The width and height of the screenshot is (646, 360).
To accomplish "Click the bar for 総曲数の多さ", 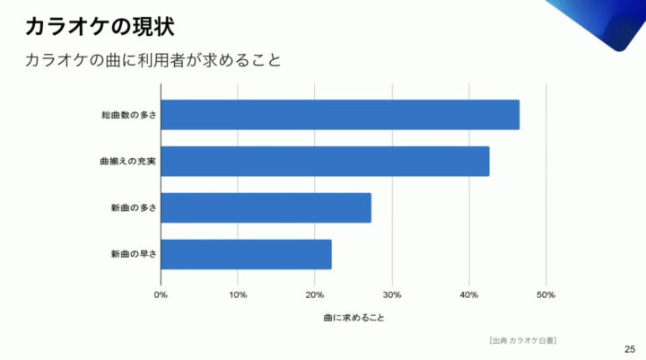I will coord(339,115).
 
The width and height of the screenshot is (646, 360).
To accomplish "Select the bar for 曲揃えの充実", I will coord(325,162).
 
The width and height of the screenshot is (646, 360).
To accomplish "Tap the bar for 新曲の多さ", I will coord(266,208).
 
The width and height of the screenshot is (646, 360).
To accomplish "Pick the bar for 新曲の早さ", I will coord(246,254).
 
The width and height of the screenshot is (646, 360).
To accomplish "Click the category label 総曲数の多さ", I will coord(129,115).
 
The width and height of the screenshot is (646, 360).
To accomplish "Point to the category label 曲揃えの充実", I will coord(129,162).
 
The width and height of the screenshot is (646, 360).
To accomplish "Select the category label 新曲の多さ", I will coord(134,208).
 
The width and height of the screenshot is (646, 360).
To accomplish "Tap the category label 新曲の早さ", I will coord(134,254).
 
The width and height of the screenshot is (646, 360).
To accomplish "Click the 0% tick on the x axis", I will coord(161,294).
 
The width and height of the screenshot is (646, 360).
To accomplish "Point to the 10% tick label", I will coord(238,294).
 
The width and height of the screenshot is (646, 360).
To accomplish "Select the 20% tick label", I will coord(315,294).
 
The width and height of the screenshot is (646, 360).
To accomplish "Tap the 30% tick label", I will coord(392,294).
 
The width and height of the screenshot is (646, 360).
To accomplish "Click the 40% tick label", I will coord(469,294).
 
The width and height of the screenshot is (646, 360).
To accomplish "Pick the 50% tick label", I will coord(546,294).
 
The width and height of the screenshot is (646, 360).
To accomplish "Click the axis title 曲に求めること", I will coord(354,318).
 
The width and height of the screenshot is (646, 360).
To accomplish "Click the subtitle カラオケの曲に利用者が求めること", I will coord(153,62).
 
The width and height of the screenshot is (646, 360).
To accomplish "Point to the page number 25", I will coord(629,348).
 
